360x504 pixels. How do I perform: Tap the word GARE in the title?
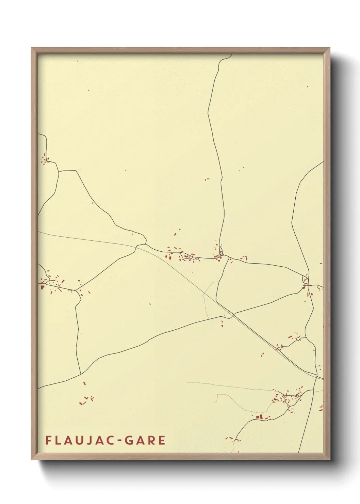click(145, 440)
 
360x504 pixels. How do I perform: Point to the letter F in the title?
click(48, 440)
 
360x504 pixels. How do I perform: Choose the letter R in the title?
click(151, 440)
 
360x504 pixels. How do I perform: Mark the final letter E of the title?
click(162, 440)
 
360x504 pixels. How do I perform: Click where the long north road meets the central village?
click(221, 255)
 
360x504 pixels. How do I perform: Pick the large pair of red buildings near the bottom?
click(260, 416)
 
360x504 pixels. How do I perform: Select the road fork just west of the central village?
click(146, 244)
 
